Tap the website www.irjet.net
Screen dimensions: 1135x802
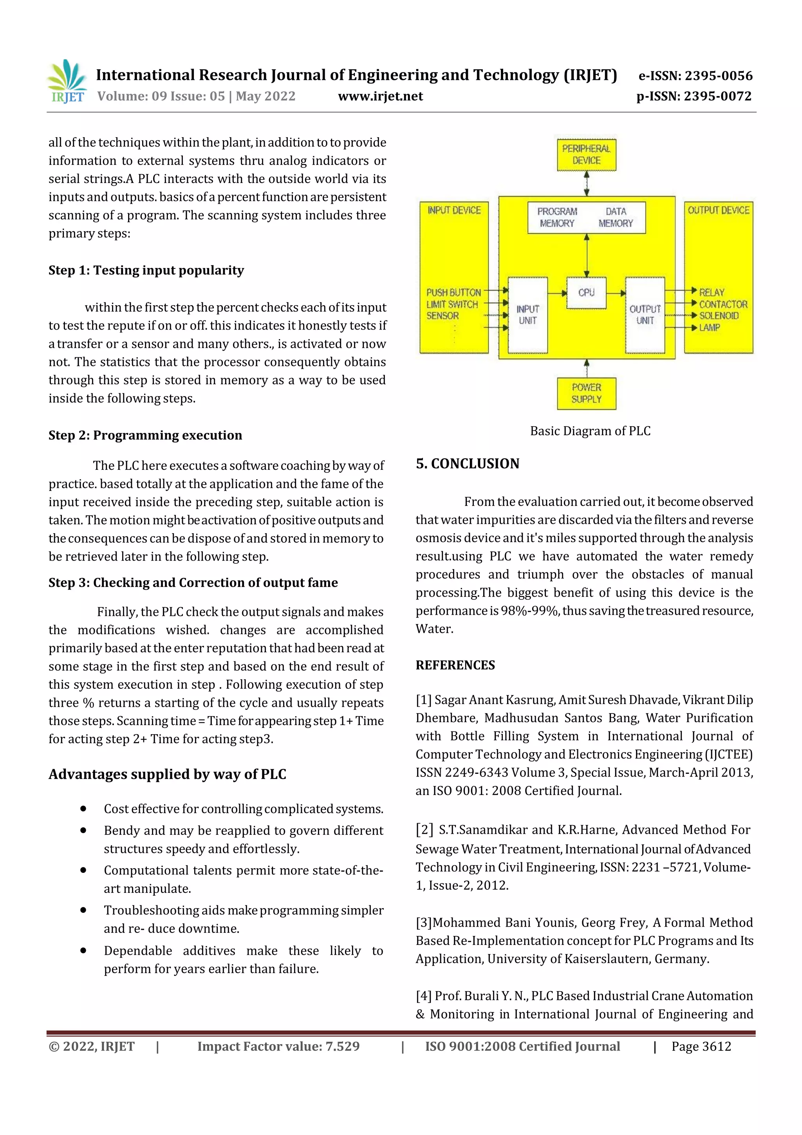coord(380,96)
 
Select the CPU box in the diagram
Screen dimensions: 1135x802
coord(586,293)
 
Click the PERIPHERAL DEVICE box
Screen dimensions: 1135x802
coord(586,155)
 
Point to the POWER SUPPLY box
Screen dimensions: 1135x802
coord(586,393)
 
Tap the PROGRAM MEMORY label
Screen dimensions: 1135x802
coord(557,217)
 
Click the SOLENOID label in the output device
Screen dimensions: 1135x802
coord(719,316)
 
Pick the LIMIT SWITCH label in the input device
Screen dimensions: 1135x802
coord(452,304)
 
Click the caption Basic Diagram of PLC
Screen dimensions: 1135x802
coord(590,431)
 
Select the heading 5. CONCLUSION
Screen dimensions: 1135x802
coord(468,464)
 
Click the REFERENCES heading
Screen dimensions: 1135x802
coord(455,665)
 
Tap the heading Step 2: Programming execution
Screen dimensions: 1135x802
coord(145,436)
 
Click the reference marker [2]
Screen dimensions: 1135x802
coord(424,830)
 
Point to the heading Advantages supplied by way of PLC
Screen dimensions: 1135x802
coord(167,774)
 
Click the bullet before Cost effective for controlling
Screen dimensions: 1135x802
coord(83,809)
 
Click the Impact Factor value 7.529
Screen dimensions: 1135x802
coord(342,1046)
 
